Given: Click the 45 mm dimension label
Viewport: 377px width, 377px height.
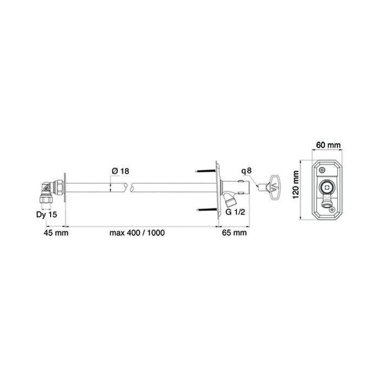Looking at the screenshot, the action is pyautogui.click(x=56, y=233).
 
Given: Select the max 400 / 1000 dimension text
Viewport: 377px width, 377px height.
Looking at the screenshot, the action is pyautogui.click(x=137, y=233).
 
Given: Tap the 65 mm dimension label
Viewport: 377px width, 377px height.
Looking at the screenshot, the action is pyautogui.click(x=234, y=233).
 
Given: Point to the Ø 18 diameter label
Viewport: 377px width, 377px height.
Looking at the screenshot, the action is pyautogui.click(x=121, y=171).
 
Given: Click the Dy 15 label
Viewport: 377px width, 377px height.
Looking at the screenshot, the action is pyautogui.click(x=47, y=214).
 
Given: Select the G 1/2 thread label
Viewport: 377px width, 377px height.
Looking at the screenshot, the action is pyautogui.click(x=235, y=212).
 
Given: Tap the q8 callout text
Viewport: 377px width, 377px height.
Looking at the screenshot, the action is pyautogui.click(x=247, y=171).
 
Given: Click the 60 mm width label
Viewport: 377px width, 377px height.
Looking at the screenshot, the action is pyautogui.click(x=328, y=145).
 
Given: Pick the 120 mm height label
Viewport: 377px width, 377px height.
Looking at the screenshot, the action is pyautogui.click(x=296, y=184).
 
